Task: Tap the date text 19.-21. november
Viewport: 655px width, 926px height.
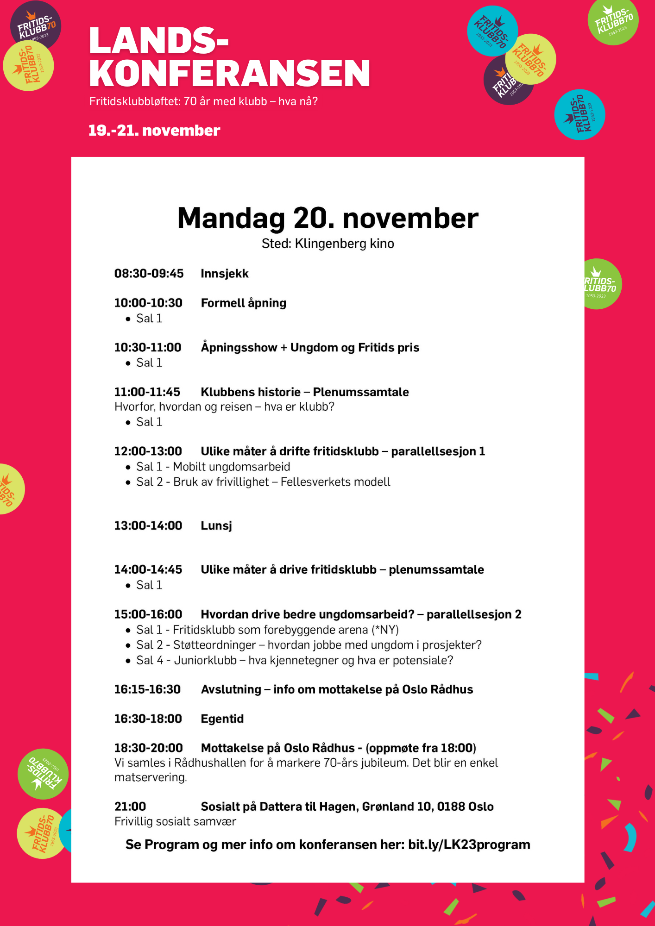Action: point(154,131)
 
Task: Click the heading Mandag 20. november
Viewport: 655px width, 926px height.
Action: point(327,218)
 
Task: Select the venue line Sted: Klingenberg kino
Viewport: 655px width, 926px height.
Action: point(327,244)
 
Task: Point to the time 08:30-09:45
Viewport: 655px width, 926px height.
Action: point(149,274)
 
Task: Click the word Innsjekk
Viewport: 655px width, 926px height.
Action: point(225,274)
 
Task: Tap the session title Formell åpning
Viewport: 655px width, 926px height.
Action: point(243,303)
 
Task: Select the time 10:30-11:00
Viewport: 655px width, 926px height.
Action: point(148,347)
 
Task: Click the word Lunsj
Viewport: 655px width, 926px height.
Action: point(216,526)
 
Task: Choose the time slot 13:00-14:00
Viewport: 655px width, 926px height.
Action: point(148,526)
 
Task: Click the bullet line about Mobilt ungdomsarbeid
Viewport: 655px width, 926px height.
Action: point(213,467)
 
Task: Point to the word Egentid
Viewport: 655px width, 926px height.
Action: point(222,719)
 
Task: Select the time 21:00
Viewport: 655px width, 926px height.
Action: point(130,807)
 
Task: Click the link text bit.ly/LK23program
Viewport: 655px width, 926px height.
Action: point(469,845)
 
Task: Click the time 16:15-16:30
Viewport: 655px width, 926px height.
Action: point(147,689)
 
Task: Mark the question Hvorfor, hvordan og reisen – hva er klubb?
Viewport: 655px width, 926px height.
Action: point(224,407)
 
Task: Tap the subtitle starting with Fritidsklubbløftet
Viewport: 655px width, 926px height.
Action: point(203,101)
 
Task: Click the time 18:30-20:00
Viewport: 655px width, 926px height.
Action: point(148,748)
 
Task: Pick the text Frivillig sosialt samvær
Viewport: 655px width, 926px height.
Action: point(175,821)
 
